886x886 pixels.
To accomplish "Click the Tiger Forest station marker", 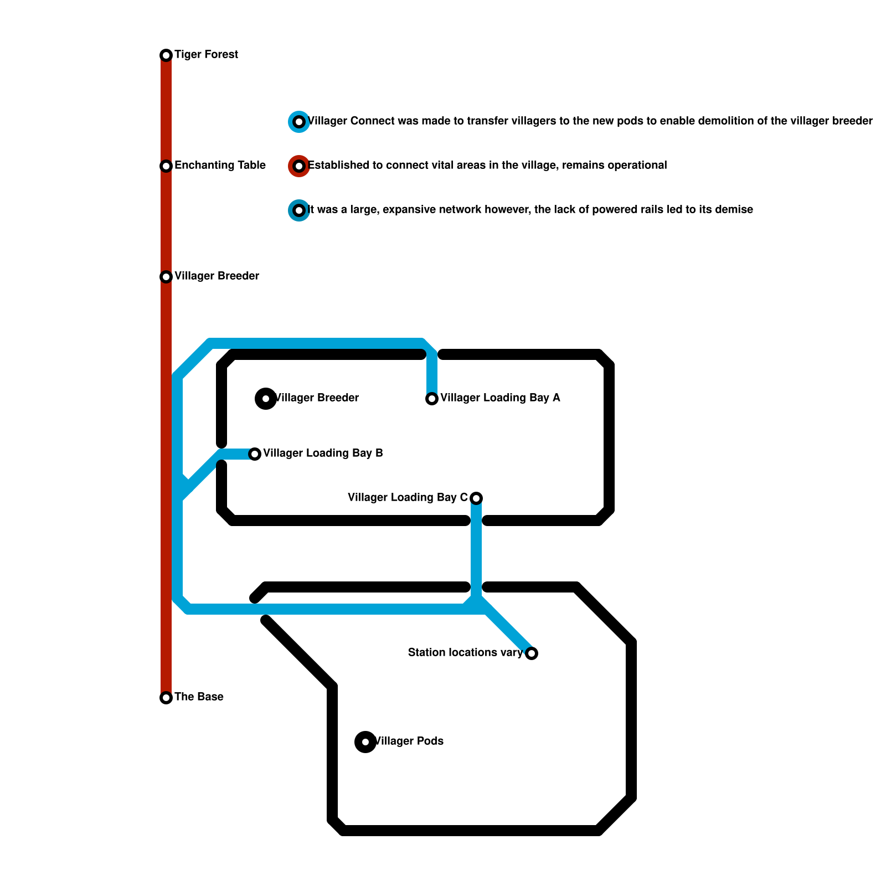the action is click(x=166, y=55).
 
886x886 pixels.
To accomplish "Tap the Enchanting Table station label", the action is click(x=220, y=166).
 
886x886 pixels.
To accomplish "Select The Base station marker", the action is click(x=166, y=698).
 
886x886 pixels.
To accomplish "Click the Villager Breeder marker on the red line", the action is click(x=166, y=277).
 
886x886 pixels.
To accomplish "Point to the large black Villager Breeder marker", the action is click(x=266, y=399).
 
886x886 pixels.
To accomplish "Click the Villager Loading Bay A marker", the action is click(x=432, y=399).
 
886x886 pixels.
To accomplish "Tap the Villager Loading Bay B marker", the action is click(x=255, y=454).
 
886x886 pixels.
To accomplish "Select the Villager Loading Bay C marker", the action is click(x=476, y=498).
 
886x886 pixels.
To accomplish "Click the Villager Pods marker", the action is click(x=365, y=742).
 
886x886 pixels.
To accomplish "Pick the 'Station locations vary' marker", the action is click(x=532, y=653).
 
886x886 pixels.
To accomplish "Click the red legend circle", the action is click(x=299, y=166).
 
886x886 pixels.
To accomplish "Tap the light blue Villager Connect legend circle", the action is click(x=299, y=122).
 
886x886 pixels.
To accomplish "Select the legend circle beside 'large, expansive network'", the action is click(x=299, y=210).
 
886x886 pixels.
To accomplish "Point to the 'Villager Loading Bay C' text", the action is click(x=408, y=498).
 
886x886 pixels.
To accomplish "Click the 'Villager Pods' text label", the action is click(x=409, y=741).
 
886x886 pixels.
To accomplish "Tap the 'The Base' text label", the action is click(x=199, y=697).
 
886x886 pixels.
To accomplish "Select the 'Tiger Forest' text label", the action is click(x=206, y=55).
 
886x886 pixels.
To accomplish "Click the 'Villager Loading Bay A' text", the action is click(x=500, y=398).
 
